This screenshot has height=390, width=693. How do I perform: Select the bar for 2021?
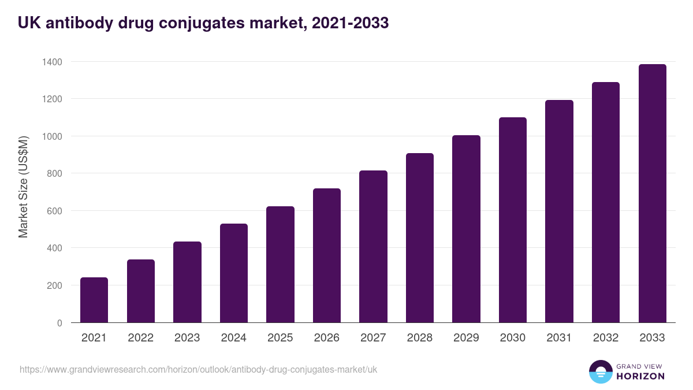pyautogui.click(x=94, y=300)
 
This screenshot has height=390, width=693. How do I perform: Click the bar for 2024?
pyautogui.click(x=233, y=273)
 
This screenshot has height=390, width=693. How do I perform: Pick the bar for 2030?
pyautogui.click(x=513, y=220)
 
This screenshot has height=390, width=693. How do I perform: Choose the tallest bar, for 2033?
pyautogui.click(x=652, y=193)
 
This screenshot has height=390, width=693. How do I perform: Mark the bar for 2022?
pyautogui.click(x=140, y=291)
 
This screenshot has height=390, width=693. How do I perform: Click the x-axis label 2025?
pyautogui.click(x=280, y=338)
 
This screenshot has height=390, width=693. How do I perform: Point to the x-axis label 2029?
pyautogui.click(x=466, y=338)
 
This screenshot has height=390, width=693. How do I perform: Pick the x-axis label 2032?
pyautogui.click(x=606, y=338)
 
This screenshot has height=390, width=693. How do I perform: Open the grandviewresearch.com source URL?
pyautogui.click(x=198, y=369)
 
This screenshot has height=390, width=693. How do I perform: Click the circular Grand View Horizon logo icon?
pyautogui.click(x=600, y=372)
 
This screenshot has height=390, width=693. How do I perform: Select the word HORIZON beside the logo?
pyautogui.click(x=640, y=376)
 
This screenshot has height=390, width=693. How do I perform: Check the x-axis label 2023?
pyautogui.click(x=187, y=338)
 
